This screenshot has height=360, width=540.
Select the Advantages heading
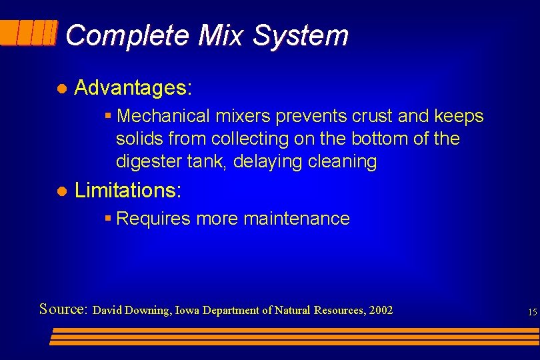click(133, 87)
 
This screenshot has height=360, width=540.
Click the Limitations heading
click(127, 191)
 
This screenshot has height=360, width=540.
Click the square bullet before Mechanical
click(108, 117)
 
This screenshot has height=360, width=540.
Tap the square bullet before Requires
click(108, 219)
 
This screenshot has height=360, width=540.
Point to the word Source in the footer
click(63, 310)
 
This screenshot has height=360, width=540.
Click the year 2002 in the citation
click(381, 311)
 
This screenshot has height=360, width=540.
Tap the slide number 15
click(531, 312)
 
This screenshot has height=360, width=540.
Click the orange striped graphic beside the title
click(29, 33)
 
